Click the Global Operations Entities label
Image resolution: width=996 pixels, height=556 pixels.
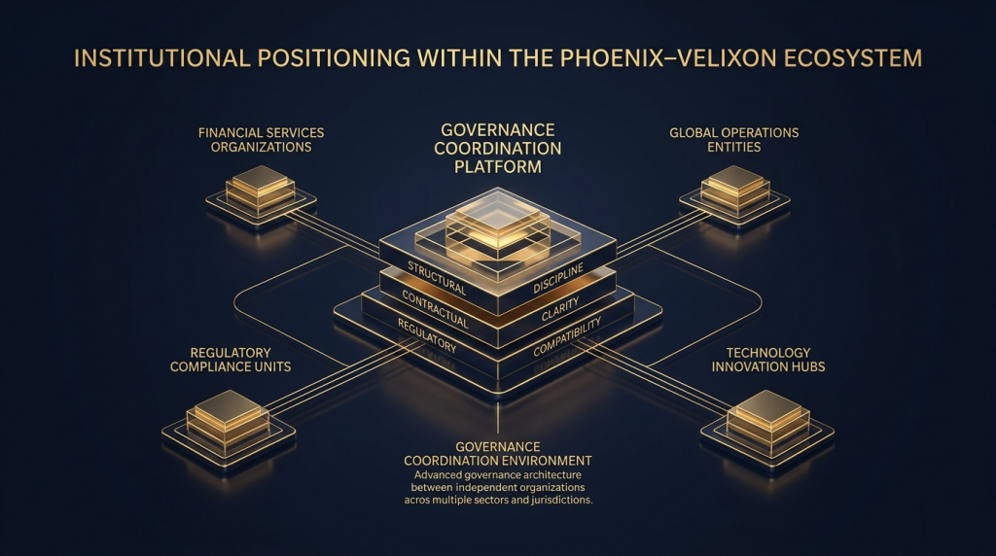pos(733,139)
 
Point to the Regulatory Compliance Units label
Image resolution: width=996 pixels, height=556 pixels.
pos(231,359)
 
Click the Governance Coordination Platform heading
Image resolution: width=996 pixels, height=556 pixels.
pos(497,148)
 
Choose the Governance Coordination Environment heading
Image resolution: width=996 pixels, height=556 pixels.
pos(497,452)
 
